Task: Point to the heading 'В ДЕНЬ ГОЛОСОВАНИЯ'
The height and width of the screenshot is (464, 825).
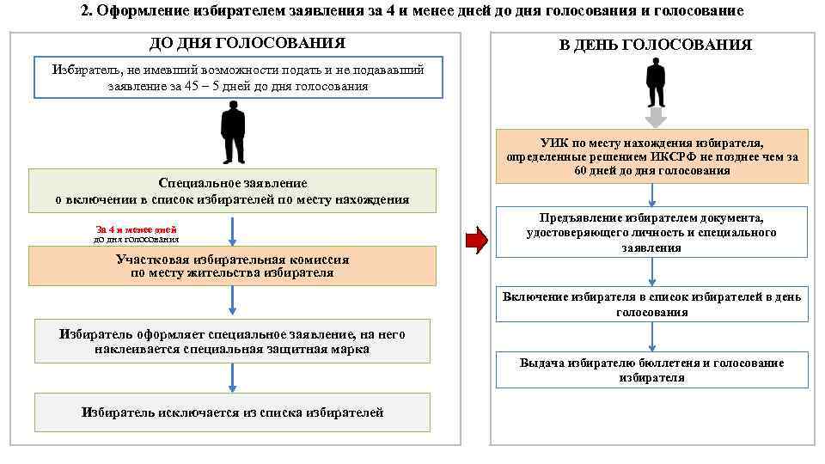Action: pos(655,45)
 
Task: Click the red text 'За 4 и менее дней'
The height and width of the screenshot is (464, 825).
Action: pos(137,229)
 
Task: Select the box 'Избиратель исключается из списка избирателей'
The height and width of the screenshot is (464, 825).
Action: pos(232,412)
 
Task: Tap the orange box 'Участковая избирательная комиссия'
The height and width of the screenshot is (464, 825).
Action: pos(232,266)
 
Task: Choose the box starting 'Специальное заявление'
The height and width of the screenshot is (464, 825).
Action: pos(232,191)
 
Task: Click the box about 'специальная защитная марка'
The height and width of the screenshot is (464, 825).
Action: pos(232,341)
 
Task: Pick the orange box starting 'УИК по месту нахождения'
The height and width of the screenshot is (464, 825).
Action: pos(652,156)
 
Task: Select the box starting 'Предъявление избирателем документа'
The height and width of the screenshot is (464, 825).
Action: pos(652,232)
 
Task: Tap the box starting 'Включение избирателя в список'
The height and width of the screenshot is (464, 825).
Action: pos(652,304)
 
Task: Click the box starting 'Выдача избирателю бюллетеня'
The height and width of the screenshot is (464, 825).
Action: pos(652,370)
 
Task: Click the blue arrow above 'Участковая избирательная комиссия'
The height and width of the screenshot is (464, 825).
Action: pos(233,231)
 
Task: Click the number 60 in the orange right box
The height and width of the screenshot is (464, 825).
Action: pos(582,170)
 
